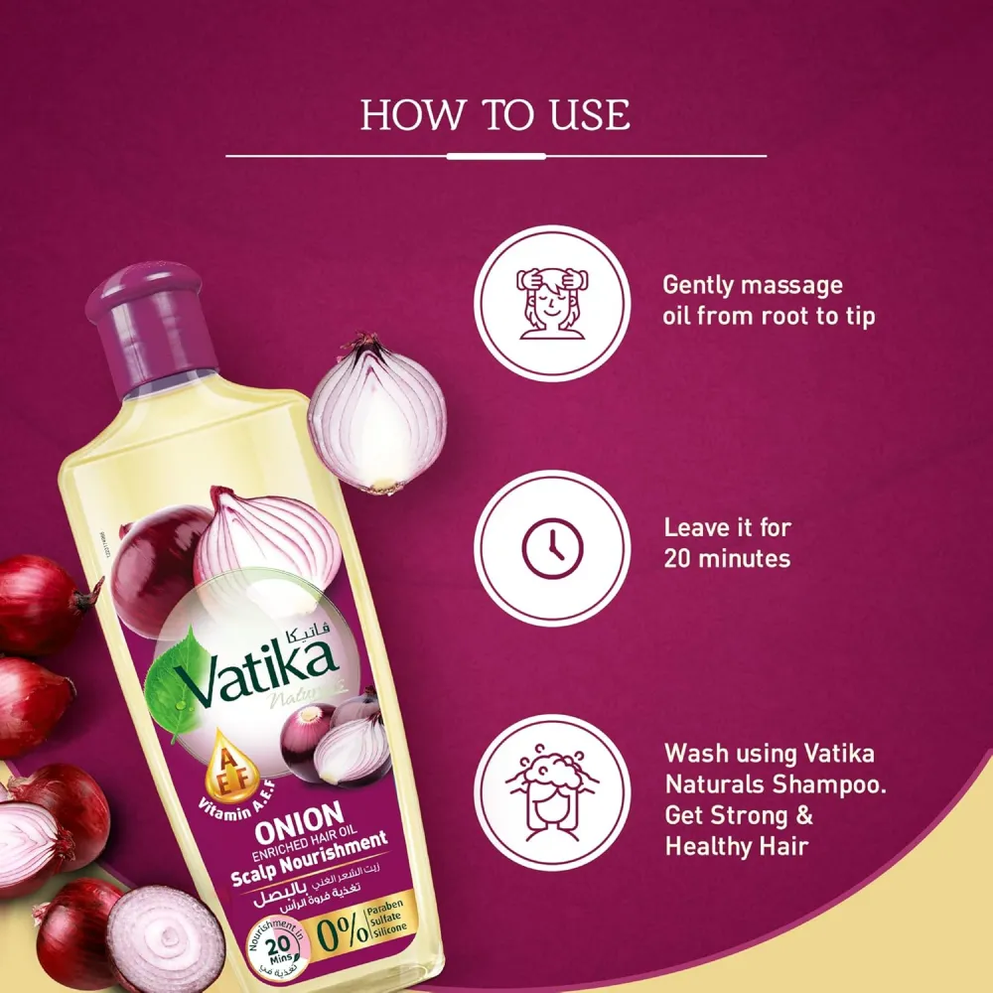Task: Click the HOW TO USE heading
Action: [495, 115]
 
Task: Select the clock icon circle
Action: [551, 548]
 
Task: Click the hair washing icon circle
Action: [551, 792]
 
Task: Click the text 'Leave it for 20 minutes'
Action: [727, 542]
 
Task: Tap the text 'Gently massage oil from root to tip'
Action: [769, 302]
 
